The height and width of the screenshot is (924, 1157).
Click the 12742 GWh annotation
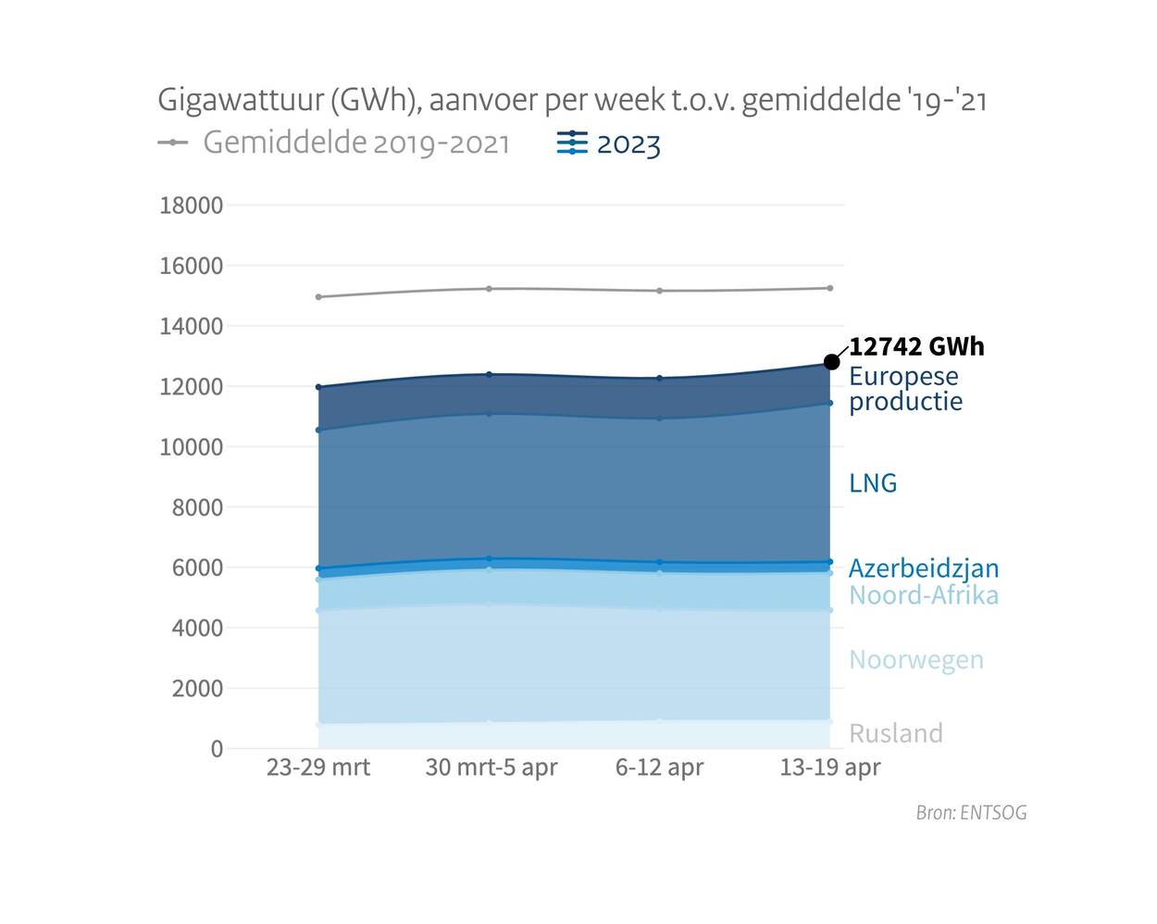[916, 347]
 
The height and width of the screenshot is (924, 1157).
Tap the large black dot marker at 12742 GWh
[831, 361]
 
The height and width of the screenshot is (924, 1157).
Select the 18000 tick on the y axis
[192, 206]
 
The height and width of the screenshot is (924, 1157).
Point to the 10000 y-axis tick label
[192, 447]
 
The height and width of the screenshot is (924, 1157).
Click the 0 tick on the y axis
[217, 749]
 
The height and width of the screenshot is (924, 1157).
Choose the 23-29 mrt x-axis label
[318, 768]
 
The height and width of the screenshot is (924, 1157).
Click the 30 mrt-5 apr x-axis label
[491, 768]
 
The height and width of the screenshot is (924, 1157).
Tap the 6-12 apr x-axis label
[659, 768]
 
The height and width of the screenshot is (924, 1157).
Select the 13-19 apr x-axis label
[830, 768]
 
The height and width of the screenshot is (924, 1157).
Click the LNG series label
[873, 483]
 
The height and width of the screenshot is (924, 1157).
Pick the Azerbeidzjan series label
[924, 568]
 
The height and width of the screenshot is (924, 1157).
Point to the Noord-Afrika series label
[924, 594]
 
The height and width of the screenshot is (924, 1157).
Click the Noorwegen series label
[916, 660]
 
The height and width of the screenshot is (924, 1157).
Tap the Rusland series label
[896, 733]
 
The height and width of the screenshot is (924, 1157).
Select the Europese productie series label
[904, 389]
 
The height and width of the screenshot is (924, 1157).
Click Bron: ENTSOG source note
[971, 813]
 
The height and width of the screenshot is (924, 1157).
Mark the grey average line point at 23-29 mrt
[318, 297]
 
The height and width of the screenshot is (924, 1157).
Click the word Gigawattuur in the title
[240, 99]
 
